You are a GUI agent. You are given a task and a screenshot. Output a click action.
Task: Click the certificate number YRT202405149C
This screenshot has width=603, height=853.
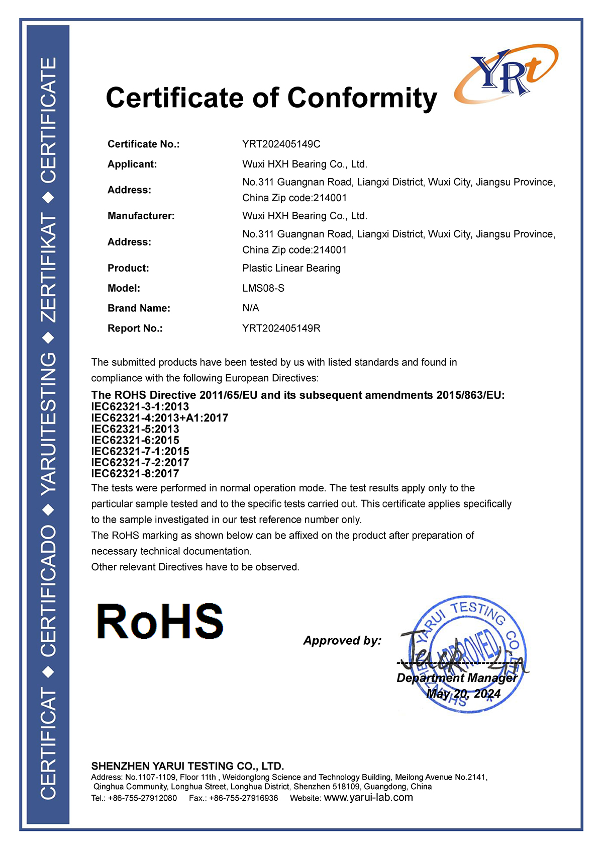281,144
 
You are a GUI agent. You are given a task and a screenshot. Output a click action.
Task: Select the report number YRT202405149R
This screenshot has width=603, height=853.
281,328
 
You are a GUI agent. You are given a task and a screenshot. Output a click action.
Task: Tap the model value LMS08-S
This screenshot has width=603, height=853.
263,288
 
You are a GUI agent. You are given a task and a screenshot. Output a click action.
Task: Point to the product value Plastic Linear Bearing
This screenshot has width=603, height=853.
291,268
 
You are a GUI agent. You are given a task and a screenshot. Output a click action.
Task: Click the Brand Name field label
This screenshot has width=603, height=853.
139,308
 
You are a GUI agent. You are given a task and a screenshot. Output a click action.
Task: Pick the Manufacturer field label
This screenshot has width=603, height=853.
141,216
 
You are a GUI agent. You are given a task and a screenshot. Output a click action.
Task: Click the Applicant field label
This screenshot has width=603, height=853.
132,164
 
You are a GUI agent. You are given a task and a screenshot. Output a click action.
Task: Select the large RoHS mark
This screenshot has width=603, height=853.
160,622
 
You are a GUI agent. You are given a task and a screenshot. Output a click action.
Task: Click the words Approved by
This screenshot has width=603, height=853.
342,640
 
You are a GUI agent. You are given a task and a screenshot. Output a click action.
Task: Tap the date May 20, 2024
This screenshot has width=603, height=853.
463,694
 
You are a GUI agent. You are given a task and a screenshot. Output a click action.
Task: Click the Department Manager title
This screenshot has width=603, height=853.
457,678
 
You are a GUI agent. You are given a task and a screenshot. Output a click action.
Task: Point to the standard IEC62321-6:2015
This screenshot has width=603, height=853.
135,440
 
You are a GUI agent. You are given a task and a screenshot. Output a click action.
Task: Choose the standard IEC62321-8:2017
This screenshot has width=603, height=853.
135,473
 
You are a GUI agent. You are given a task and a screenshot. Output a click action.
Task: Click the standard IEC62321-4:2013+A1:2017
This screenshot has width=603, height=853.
159,418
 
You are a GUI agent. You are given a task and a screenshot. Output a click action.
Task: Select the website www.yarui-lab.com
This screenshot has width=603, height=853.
368,798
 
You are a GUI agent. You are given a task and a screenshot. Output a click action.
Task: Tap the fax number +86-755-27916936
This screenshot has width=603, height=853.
243,798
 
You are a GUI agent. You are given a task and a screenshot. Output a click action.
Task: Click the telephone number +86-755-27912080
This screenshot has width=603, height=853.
142,798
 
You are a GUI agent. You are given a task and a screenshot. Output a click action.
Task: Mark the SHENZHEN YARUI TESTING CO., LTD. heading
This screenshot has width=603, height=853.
187,766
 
